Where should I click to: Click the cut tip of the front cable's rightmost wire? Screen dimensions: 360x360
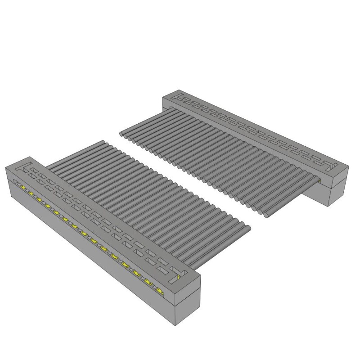(247, 229)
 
